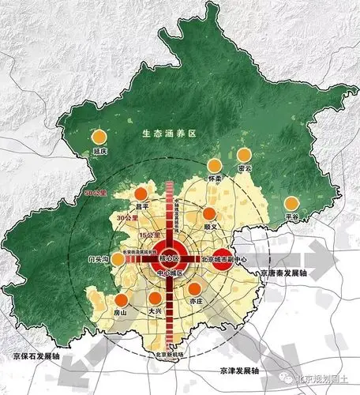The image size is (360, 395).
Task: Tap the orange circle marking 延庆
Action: click(99, 137)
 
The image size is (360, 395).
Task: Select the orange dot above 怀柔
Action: click(214, 166)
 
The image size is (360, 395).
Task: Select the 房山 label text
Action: click(121, 313)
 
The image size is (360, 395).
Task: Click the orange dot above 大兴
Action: click(156, 299)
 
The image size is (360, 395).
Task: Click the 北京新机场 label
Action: click(169, 355)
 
